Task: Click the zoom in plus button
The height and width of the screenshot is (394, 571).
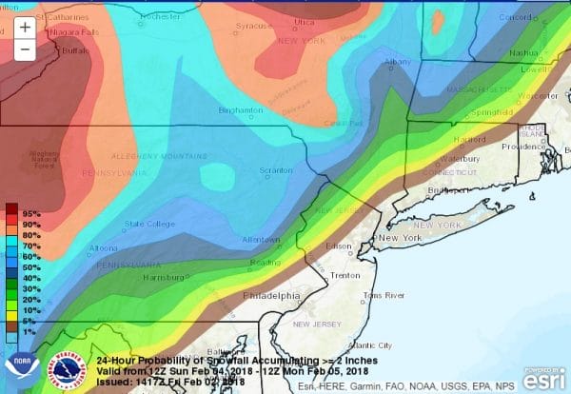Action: (x=24, y=28)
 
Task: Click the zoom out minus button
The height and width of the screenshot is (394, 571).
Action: (x=24, y=49)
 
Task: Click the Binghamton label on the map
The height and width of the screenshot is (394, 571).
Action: (x=241, y=109)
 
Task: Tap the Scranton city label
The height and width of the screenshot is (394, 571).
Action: (x=277, y=171)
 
